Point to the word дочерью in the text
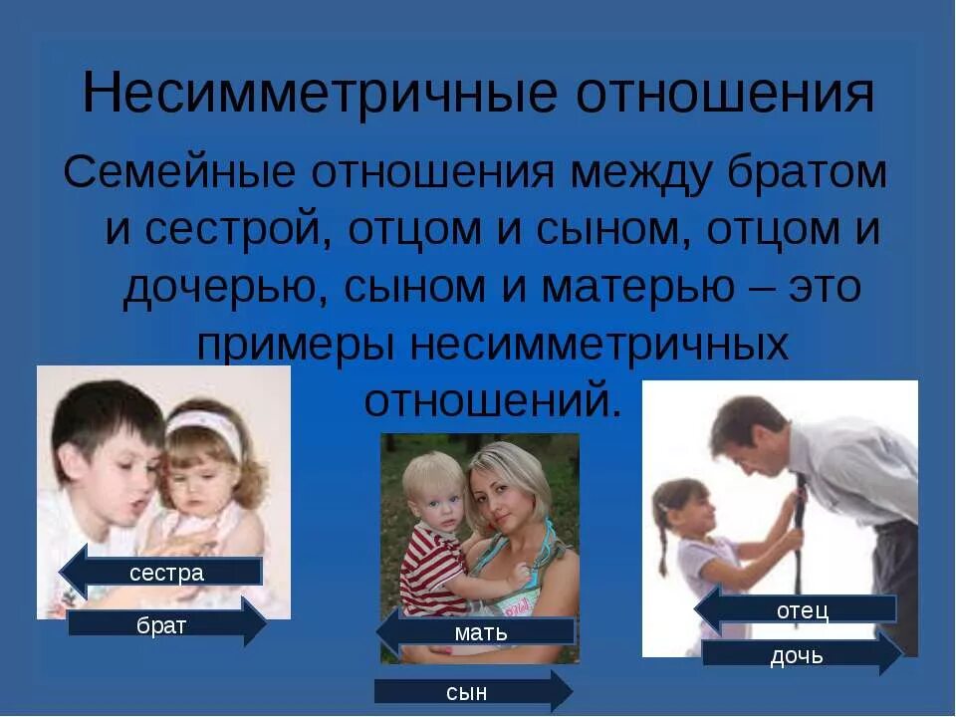221,288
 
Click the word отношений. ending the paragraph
493,400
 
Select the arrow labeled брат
166,624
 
